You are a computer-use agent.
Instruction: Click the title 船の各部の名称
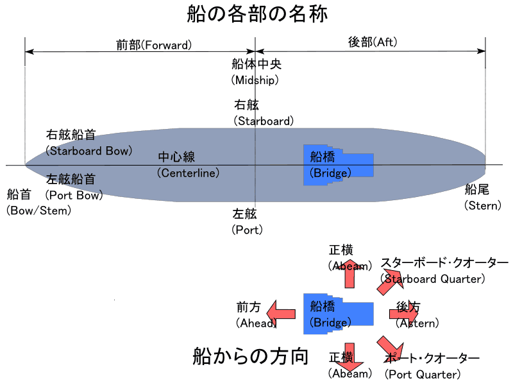257,14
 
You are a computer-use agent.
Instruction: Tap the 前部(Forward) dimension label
154,45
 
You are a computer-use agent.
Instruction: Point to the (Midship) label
256,80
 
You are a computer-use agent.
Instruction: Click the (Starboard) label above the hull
264,121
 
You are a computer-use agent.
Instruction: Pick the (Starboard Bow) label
88,151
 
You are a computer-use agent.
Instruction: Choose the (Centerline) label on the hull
188,173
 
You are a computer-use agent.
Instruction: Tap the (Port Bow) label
74,195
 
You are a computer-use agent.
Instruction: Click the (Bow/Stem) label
39,210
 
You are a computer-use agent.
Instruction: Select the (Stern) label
483,205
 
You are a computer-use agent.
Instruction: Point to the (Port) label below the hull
247,229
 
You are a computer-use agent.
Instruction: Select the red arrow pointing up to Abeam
350,273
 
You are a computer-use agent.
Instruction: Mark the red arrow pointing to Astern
403,313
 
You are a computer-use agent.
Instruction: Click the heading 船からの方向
251,355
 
